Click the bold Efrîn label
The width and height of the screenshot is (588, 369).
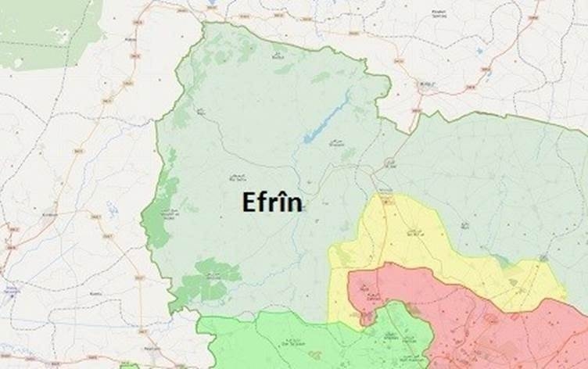pyautogui.click(x=271, y=202)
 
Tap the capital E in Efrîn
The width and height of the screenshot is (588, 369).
pyautogui.click(x=247, y=202)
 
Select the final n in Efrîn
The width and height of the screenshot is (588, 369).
pyautogui.click(x=295, y=204)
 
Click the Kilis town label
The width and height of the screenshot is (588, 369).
pyautogui.click(x=428, y=81)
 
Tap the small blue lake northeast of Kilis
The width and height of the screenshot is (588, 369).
pyautogui.click(x=479, y=52)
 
